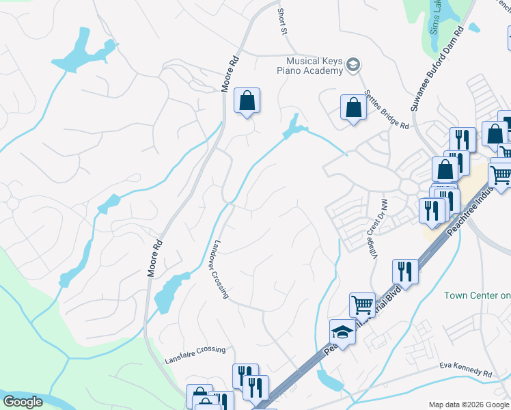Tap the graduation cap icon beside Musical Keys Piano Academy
353,66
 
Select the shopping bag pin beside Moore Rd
247,101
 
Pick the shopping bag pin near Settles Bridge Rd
353,107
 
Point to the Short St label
281,22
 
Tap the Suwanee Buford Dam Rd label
437,69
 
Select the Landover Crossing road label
219,269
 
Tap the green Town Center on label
477,295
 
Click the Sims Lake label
434,17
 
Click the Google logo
23,402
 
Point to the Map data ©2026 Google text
468,405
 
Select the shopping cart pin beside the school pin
362,304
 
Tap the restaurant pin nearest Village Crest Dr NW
405,272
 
